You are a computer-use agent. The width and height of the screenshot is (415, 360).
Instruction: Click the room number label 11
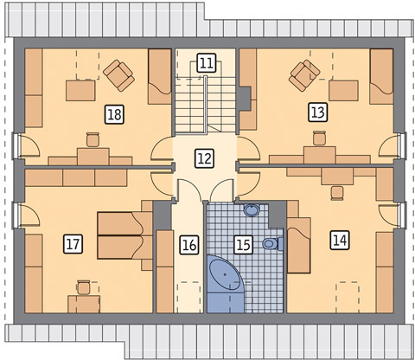(207, 62)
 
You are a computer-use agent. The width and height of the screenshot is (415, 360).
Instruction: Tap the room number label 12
(204, 158)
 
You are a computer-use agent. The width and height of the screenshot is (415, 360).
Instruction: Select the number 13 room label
(318, 112)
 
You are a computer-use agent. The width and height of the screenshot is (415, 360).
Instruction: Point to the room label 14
(340, 240)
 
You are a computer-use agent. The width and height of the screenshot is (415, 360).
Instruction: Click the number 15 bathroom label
(243, 245)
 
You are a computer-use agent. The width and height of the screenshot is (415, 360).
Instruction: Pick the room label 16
(189, 245)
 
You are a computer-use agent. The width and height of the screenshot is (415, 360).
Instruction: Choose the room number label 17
(73, 244)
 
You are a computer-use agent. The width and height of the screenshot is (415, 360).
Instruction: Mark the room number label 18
(114, 114)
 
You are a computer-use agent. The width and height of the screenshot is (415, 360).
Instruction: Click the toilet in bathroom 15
(272, 243)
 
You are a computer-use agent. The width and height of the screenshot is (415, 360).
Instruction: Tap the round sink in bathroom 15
(252, 209)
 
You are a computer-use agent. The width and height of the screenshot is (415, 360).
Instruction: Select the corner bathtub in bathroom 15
(226, 284)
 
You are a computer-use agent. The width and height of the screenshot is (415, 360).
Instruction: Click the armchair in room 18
(118, 75)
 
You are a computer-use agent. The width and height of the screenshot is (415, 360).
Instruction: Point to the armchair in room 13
(304, 75)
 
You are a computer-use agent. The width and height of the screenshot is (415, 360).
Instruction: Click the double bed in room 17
(124, 235)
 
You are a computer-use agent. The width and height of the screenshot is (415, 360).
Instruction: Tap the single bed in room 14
(298, 245)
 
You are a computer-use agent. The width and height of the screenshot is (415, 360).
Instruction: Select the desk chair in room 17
(84, 287)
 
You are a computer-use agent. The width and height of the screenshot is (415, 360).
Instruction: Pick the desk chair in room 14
(337, 193)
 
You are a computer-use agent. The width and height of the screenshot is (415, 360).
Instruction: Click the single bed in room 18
(160, 76)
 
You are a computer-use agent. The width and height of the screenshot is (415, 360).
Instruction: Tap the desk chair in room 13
(319, 138)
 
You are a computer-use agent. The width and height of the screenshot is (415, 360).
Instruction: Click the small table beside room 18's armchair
(80, 91)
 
